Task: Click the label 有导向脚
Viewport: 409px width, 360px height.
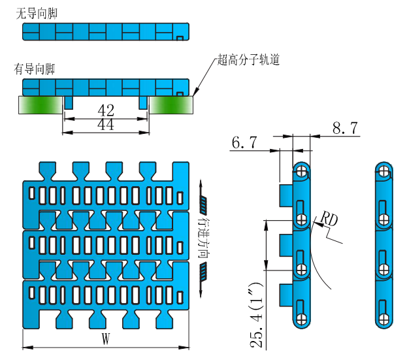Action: pyautogui.click(x=37, y=69)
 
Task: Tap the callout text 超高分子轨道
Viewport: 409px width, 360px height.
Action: pyautogui.click(x=249, y=61)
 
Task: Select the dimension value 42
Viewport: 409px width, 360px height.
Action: pyautogui.click(x=105, y=110)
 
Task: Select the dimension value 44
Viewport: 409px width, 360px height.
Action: pyautogui.click(x=105, y=125)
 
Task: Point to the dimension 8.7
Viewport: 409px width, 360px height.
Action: pyautogui.click(x=344, y=129)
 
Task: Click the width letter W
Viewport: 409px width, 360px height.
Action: pyautogui.click(x=105, y=338)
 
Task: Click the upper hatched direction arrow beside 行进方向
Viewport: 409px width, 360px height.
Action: pyautogui.click(x=203, y=206)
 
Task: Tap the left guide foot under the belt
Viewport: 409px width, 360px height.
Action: pyautogui.click(x=69, y=103)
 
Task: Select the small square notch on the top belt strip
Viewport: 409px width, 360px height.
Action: pyautogui.click(x=180, y=38)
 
